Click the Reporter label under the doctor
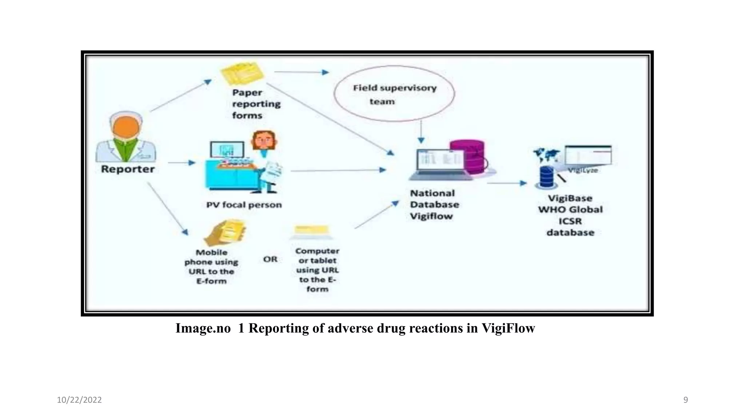pos(128,169)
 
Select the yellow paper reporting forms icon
pos(242,73)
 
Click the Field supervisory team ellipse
pos(394,94)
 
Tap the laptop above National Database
pos(440,164)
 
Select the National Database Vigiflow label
pos(434,205)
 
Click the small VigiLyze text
pos(583,170)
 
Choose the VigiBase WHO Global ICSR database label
pos(570,215)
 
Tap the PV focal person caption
pos(244,205)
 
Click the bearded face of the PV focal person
pos(264,140)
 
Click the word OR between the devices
pos(270,259)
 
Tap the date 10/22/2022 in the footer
pos(79,400)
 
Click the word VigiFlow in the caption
pos(508,328)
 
